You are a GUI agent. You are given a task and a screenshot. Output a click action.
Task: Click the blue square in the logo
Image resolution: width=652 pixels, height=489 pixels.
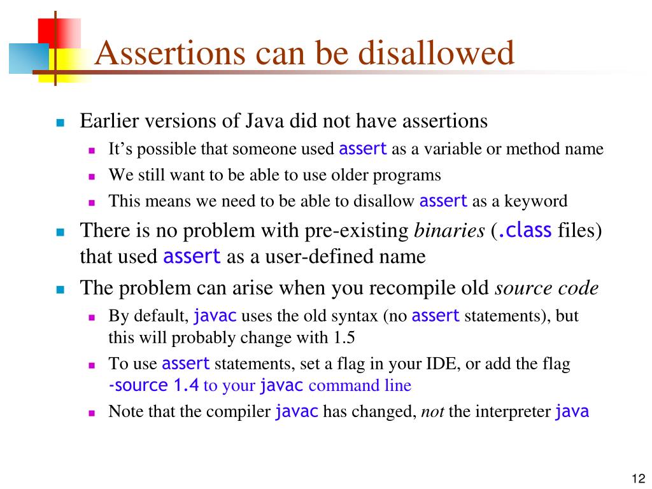pos(28,59)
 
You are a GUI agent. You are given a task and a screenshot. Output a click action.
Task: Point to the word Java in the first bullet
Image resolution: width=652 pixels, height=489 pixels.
pos(263,121)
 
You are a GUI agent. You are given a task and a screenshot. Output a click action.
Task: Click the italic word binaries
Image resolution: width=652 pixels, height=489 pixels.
pos(450,231)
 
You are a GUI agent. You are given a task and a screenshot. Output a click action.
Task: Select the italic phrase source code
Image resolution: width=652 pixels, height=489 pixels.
pos(547,288)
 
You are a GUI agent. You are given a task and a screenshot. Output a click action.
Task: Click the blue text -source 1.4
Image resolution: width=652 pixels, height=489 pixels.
pos(153,385)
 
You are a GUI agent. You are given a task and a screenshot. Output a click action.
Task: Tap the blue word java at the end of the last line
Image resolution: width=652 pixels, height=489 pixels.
pos(572,411)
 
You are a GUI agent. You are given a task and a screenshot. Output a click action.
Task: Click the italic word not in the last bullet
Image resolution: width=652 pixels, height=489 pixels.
pos(432,411)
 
